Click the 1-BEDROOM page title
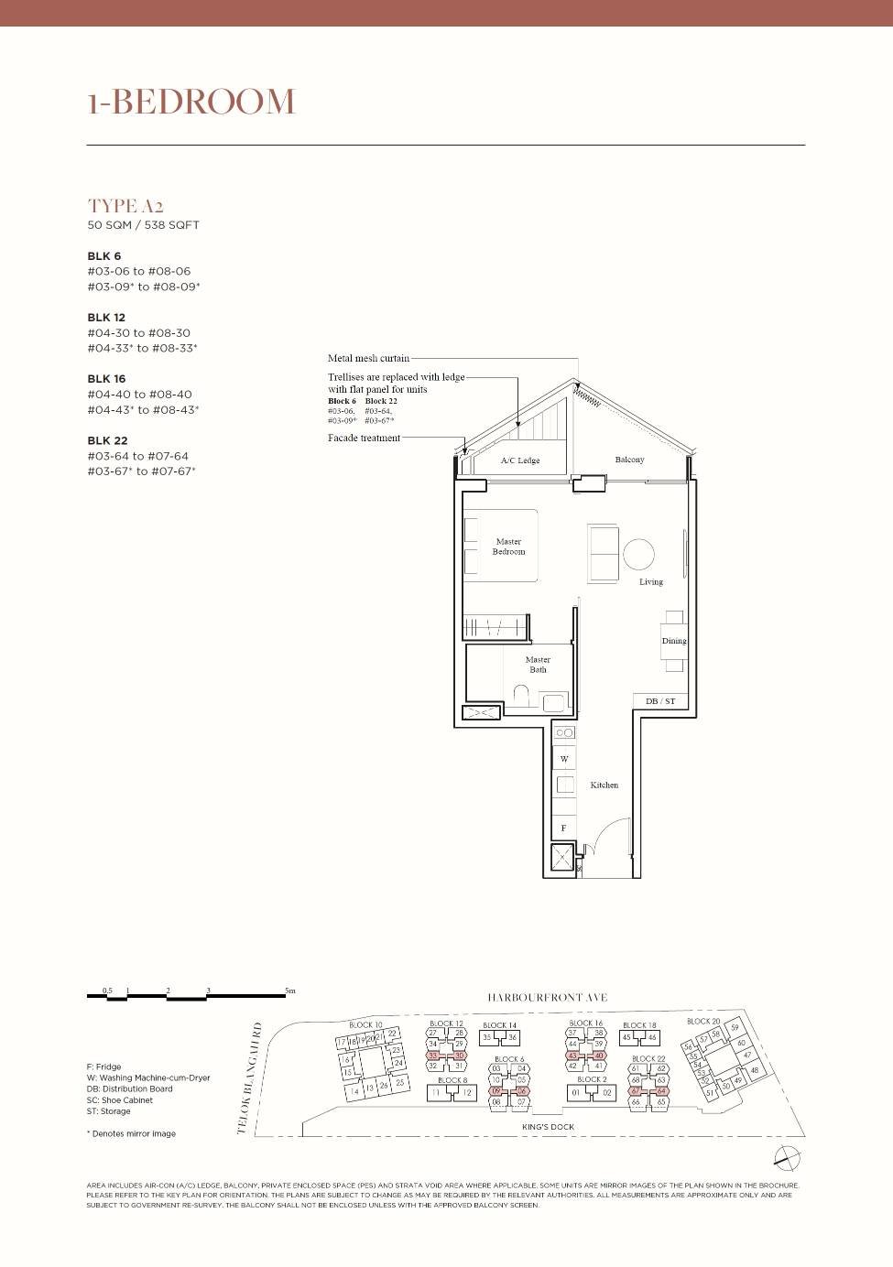click(191, 102)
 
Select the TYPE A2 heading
click(125, 206)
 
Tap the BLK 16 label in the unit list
click(106, 379)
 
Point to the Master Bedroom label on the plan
click(508, 547)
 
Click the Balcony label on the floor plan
click(629, 460)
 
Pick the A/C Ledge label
click(520, 460)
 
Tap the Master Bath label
click(538, 665)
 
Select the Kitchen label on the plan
click(604, 785)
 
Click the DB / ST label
click(660, 701)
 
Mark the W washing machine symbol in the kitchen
click(564, 759)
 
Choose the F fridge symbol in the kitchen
click(563, 828)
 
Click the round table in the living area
click(638, 554)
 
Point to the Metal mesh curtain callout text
click(368, 358)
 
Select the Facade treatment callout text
click(364, 438)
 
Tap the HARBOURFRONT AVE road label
click(547, 998)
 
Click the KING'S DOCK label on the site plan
click(548, 1127)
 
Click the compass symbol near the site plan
click(787, 1158)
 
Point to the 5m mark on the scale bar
click(290, 991)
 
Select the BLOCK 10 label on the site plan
click(365, 1024)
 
